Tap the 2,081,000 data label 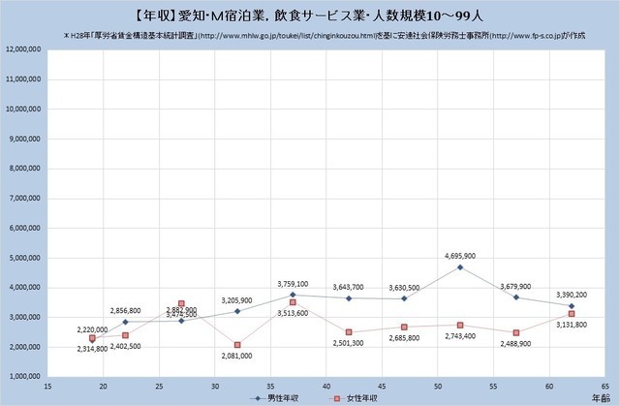tap(236, 356)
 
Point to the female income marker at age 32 tap(237, 345)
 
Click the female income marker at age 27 tap(181, 303)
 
